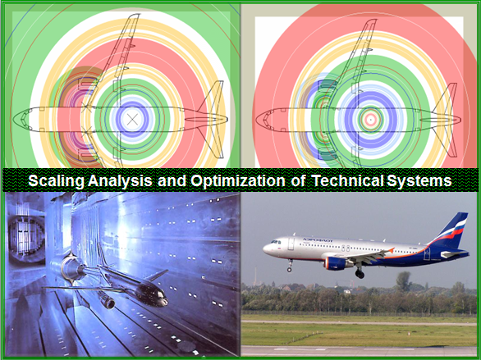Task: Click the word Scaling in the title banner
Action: [x=56, y=180]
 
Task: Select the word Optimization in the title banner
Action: [x=238, y=180]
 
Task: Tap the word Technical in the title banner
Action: [x=347, y=180]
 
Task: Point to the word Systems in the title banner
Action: [x=419, y=180]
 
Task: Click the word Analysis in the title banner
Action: [x=120, y=180]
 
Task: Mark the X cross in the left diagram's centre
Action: [x=132, y=119]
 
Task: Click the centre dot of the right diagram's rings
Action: [x=370, y=120]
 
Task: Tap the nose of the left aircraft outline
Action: [x=14, y=119]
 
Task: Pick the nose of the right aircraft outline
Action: [x=257, y=119]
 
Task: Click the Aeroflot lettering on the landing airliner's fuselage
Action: [x=318, y=240]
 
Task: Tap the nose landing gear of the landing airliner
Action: [x=289, y=266]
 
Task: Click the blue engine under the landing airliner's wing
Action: [x=335, y=263]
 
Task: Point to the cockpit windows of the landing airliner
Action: [x=276, y=242]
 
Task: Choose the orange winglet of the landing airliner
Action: [x=391, y=250]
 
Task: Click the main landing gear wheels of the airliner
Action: [x=360, y=273]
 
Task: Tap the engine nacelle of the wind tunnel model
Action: [x=107, y=302]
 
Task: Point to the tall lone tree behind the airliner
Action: [x=403, y=281]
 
